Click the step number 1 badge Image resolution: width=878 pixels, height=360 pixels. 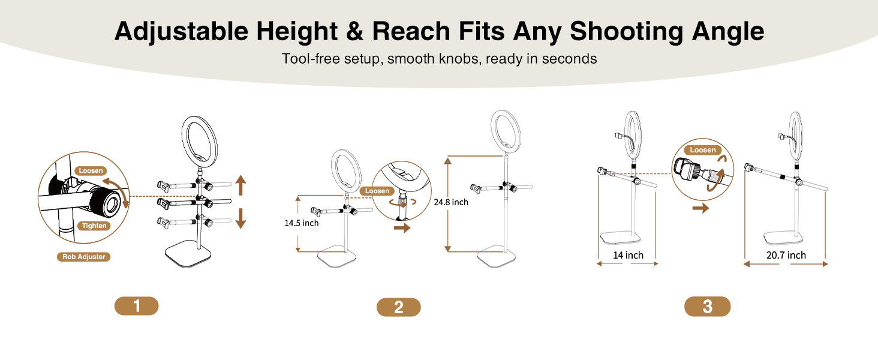136,306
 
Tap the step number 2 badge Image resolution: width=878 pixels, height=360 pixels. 398,307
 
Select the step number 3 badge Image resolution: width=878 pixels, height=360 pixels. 707,307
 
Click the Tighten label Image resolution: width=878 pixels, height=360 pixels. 95,226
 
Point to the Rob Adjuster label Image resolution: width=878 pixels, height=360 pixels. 84,257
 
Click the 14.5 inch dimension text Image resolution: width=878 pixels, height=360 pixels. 302,223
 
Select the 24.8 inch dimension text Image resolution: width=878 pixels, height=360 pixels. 450,202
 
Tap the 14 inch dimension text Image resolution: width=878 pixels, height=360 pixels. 628,256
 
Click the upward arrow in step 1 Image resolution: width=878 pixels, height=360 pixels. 240,185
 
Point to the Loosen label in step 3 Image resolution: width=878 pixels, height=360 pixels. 703,150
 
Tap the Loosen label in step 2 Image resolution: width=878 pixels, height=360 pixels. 377,191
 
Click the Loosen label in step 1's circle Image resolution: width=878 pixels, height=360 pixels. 91,170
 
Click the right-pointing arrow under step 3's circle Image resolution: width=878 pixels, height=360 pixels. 700,209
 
